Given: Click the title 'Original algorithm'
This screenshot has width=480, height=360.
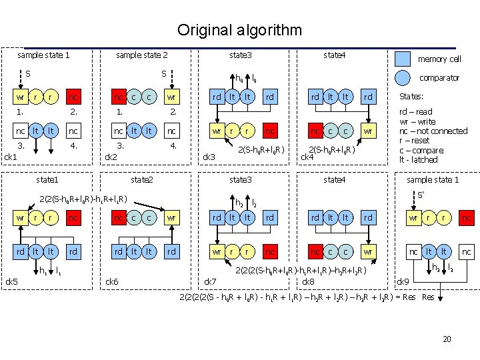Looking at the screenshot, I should pos(239,30).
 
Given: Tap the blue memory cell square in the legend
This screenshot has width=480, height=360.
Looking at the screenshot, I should pos(402,59).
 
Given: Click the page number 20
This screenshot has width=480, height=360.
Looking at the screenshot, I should pos(447,339).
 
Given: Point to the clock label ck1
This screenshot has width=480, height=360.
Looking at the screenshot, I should pos(11,157).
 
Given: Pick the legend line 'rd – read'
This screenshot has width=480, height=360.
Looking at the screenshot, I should pos(415,112).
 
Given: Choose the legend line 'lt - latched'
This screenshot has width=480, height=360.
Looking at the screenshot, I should pos(418,159).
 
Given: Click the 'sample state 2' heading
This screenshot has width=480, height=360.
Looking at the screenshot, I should pos(141,55).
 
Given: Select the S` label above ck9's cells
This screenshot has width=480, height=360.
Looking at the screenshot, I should pos(421,195).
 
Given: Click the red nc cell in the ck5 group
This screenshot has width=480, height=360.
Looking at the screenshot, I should pos(74,218).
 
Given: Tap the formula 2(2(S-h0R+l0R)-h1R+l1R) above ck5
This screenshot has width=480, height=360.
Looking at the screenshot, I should pos(83,198).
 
